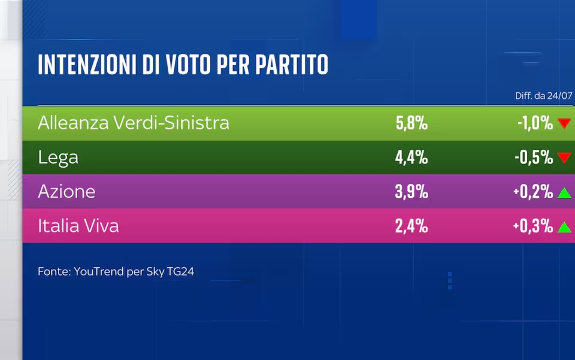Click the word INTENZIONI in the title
click(x=87, y=65)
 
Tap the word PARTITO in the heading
click(x=292, y=65)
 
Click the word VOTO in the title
click(x=189, y=65)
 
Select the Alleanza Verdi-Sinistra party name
click(x=134, y=123)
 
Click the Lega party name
click(x=58, y=158)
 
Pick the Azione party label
click(x=66, y=191)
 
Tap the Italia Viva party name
click(x=78, y=226)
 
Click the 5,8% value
click(x=411, y=123)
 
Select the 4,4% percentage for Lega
click(x=411, y=158)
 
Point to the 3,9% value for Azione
click(x=411, y=191)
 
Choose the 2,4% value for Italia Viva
click(x=411, y=226)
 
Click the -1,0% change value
click(x=535, y=123)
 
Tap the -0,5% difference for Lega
click(x=534, y=158)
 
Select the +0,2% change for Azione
click(x=533, y=191)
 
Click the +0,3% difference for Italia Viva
click(x=533, y=226)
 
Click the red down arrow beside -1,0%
click(x=564, y=123)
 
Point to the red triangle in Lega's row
click(x=564, y=158)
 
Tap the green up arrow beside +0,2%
click(x=564, y=193)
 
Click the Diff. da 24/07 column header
click(x=543, y=96)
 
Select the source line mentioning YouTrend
click(x=116, y=272)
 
